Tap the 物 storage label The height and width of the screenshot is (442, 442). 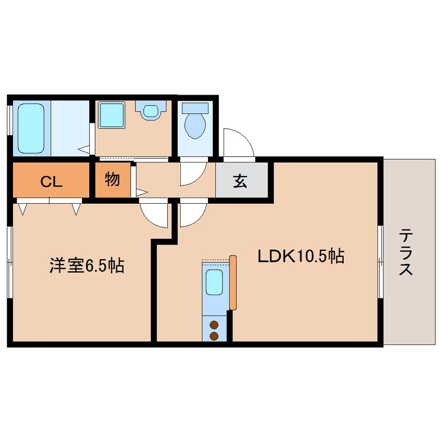(x=112, y=180)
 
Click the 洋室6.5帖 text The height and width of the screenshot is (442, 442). (x=87, y=266)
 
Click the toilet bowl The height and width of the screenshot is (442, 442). (x=195, y=124)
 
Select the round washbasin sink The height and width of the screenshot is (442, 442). (x=151, y=111)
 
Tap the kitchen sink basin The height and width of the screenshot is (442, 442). (x=215, y=283)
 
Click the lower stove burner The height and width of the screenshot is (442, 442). (x=214, y=336)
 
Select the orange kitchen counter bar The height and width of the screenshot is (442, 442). (x=232, y=282)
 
